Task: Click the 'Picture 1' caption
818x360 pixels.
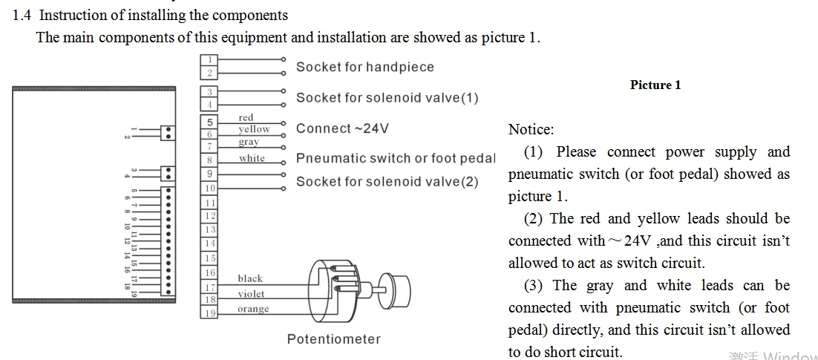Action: tap(655, 85)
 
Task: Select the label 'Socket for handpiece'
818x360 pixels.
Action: tap(364, 67)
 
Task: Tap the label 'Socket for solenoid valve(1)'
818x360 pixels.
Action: tap(387, 98)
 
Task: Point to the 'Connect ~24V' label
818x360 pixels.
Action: tap(342, 128)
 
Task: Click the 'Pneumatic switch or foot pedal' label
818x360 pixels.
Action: tap(395, 158)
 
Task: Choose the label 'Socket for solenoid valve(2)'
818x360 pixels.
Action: tap(387, 182)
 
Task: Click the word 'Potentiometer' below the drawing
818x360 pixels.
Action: tap(333, 339)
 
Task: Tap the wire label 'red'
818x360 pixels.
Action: tap(246, 117)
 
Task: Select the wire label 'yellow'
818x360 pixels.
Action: tap(254, 129)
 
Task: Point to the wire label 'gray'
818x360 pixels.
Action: tap(249, 142)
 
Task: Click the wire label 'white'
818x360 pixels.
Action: tap(252, 158)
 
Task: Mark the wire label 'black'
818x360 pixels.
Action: tap(250, 278)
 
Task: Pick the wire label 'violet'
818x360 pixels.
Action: tap(251, 294)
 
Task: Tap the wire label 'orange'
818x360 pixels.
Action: tap(253, 309)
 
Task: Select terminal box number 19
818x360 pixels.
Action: tap(209, 313)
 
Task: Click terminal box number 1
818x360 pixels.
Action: tap(209, 59)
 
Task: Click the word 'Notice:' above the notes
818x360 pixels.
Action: tap(531, 129)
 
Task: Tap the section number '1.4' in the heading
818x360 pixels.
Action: tap(22, 15)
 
